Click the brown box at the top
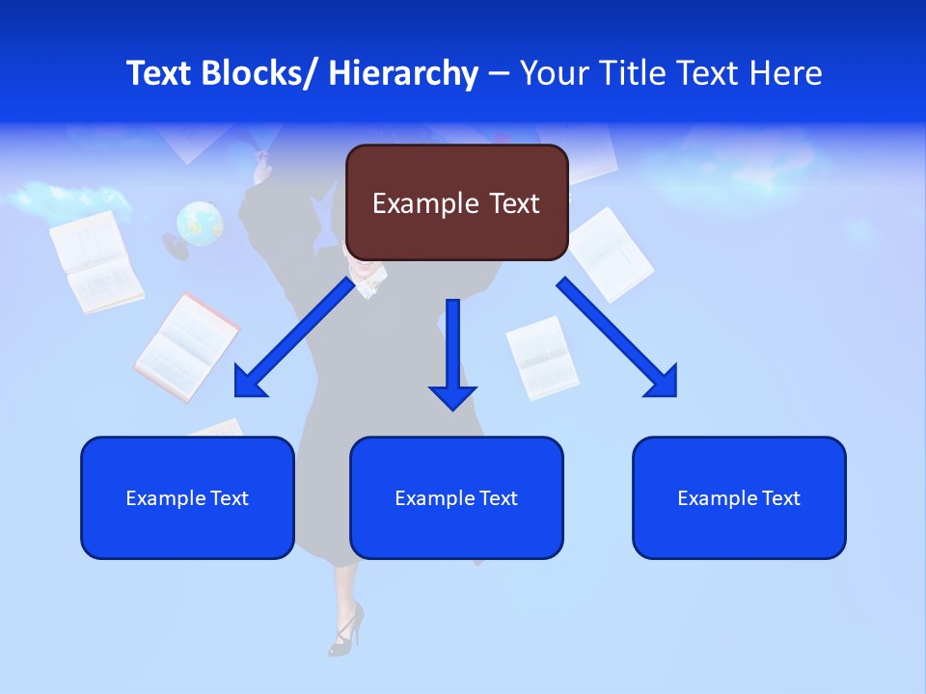(456, 202)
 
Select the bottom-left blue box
(187, 497)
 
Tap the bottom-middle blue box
(456, 497)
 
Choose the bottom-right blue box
(739, 497)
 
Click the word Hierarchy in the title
(403, 73)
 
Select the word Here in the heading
(789, 73)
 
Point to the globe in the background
(200, 224)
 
